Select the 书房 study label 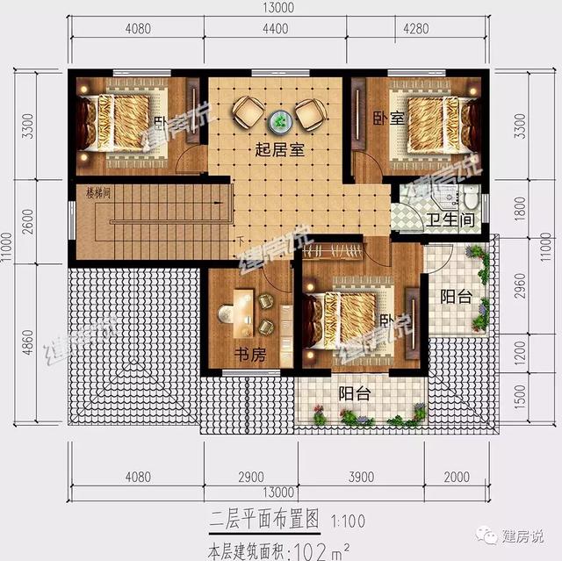(x=249, y=356)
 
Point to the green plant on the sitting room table (x=281, y=119)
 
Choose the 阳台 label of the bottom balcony (x=354, y=393)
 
